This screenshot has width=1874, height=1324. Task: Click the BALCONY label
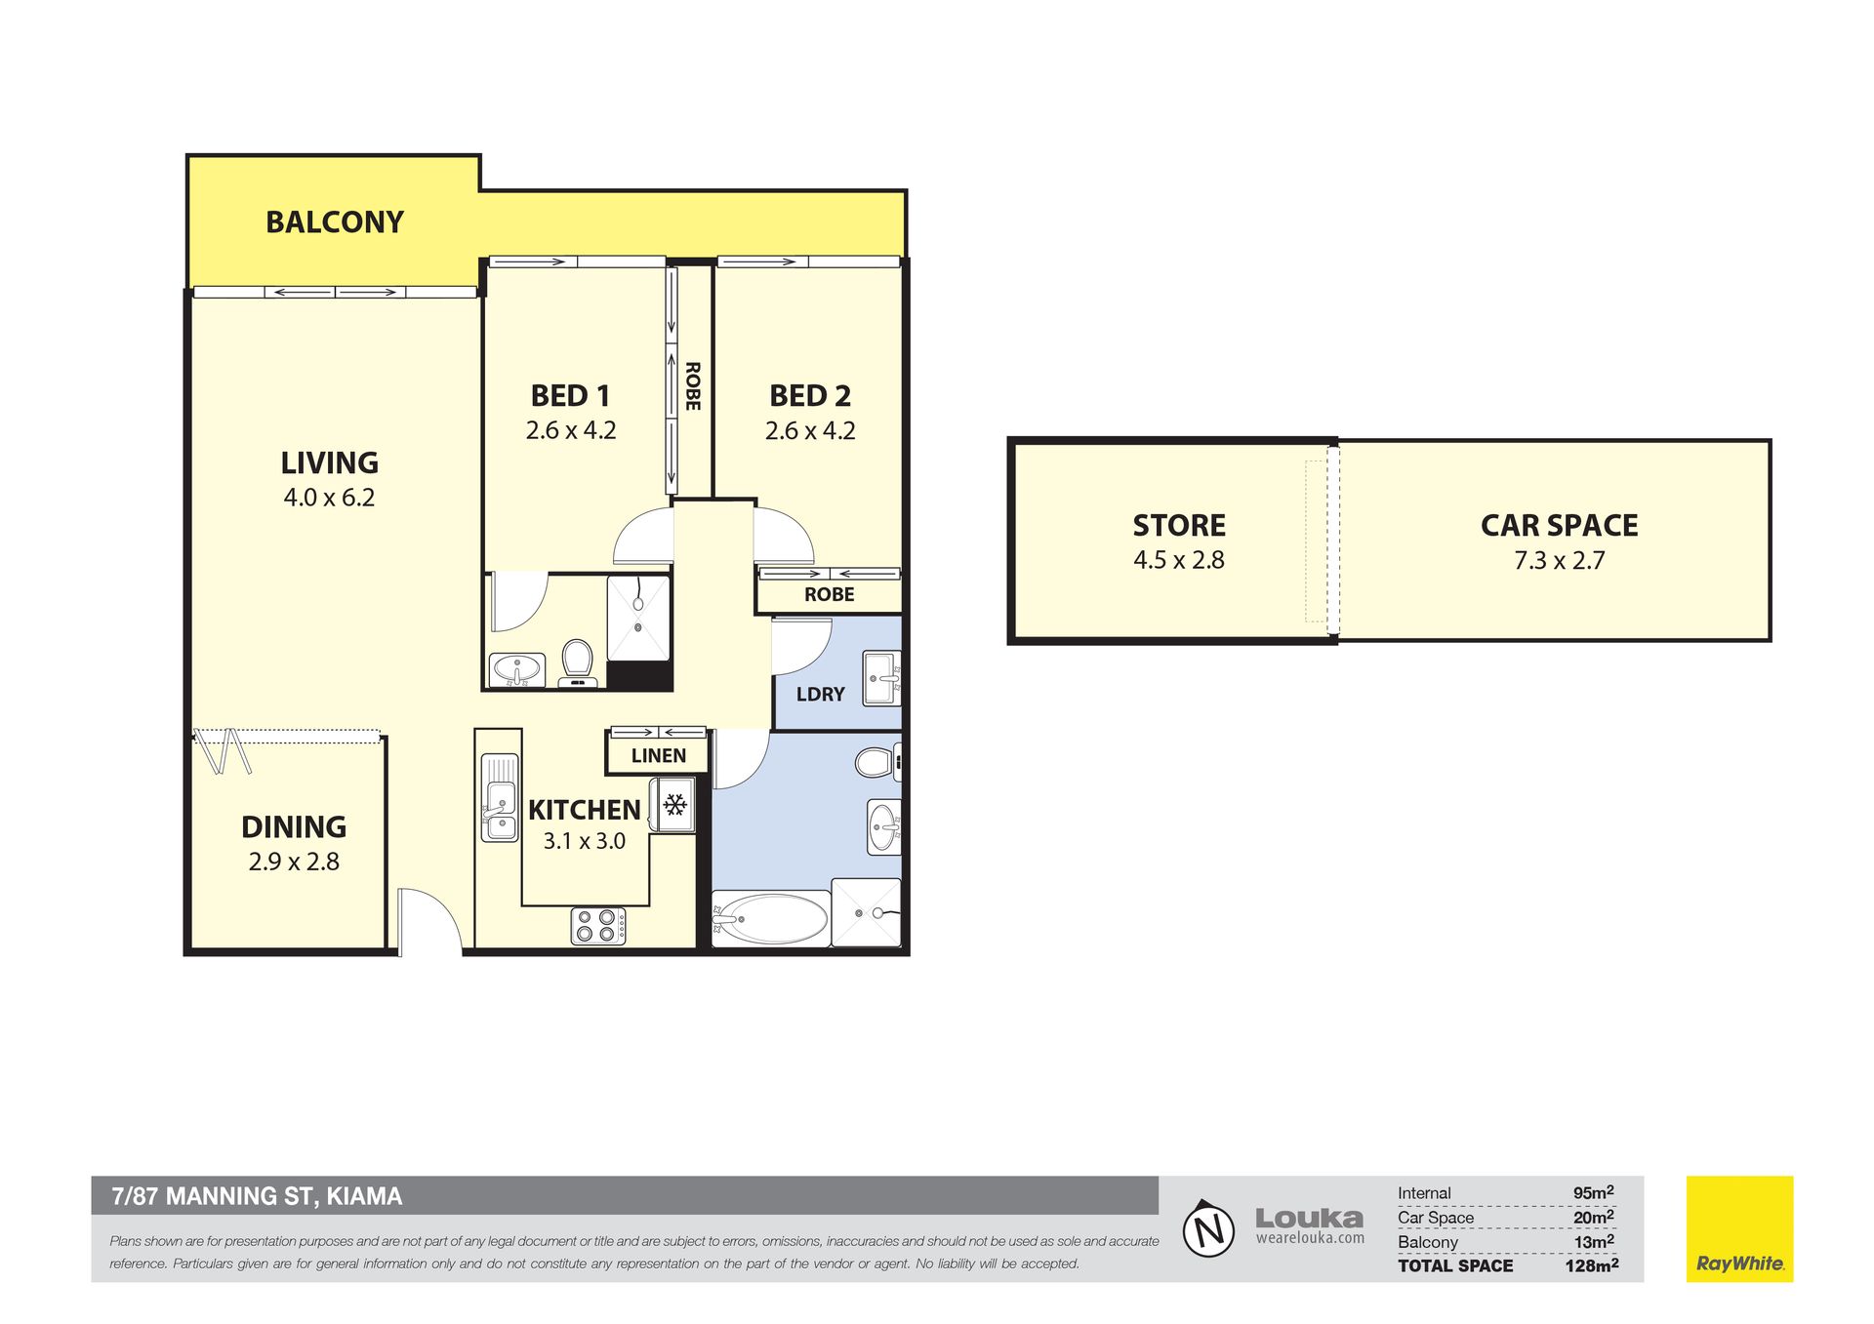[x=335, y=222]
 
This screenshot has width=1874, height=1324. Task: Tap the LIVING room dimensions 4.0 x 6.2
[x=329, y=498]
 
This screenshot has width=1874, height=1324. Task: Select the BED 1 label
[x=571, y=396]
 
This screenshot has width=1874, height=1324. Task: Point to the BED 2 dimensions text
[x=810, y=431]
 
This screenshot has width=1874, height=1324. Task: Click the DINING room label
[x=294, y=827]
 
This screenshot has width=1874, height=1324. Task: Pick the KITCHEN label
[x=585, y=810]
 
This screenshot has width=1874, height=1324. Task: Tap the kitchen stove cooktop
[x=598, y=925]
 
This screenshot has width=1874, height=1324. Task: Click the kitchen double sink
[x=500, y=797]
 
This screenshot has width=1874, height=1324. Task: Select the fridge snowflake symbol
[x=674, y=805]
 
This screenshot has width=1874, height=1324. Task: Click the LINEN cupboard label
[x=659, y=755]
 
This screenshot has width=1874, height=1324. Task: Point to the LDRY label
[x=820, y=694]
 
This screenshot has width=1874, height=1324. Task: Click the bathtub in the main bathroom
[x=770, y=918]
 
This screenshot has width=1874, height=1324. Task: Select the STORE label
[x=1179, y=526]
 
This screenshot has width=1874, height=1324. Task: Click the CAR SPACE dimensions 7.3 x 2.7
[x=1560, y=561]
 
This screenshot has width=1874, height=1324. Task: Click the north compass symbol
[x=1209, y=1228]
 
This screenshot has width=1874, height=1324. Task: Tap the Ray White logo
[x=1739, y=1228]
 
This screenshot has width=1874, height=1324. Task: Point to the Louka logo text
[x=1309, y=1219]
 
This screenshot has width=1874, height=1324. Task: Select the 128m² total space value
[x=1591, y=1265]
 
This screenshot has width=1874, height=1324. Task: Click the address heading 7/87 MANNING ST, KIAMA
[x=257, y=1196]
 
